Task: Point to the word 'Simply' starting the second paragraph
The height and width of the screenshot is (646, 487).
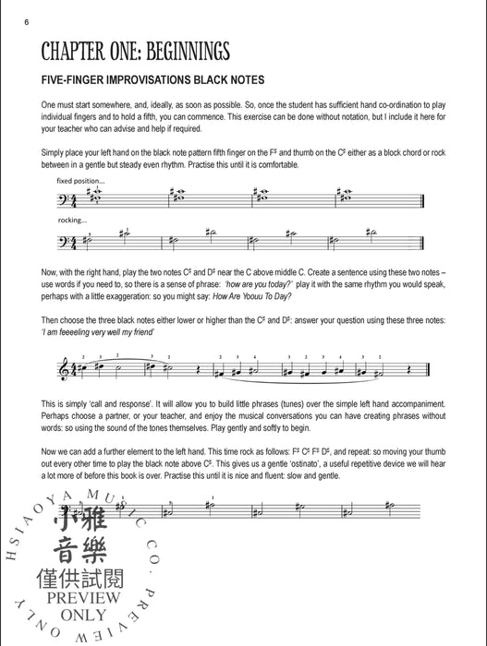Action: click(x=55, y=150)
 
